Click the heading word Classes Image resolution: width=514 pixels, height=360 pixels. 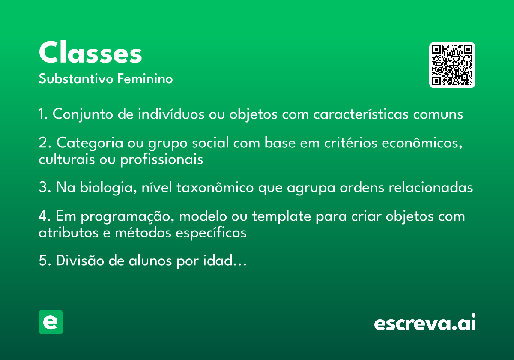90,52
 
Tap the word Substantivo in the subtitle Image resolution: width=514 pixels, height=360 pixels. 76,78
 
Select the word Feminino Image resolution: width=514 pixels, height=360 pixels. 145,78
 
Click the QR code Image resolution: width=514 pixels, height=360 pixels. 452,65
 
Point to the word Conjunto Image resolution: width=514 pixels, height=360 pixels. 83,114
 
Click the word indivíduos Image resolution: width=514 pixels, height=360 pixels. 171,114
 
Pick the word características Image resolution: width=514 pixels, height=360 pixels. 361,114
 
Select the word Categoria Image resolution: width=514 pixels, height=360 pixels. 90,143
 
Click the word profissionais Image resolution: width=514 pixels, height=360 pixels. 162,159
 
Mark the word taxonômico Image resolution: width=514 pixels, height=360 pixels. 215,187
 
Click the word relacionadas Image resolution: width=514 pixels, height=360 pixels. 431,187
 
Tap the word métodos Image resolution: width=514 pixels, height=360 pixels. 143,233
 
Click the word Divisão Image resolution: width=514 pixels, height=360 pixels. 80,261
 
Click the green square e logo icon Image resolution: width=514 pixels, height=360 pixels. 51,322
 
